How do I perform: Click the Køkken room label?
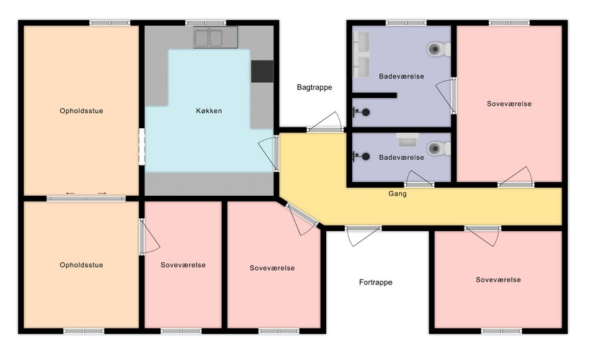coord(209,111)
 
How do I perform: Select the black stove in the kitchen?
coord(262,71)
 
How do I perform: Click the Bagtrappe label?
coord(315,87)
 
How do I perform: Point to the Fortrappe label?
coord(376,282)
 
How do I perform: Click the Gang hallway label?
coord(397,194)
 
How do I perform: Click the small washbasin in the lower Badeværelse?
coord(408,140)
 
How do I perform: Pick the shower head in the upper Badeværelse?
coord(361,112)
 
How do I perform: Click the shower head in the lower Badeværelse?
coord(361,156)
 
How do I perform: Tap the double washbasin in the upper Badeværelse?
coord(361,54)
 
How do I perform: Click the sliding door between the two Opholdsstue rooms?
coord(86,198)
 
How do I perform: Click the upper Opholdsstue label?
coord(81,111)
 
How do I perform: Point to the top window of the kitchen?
coord(205,23)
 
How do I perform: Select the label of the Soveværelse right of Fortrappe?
coord(498,279)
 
